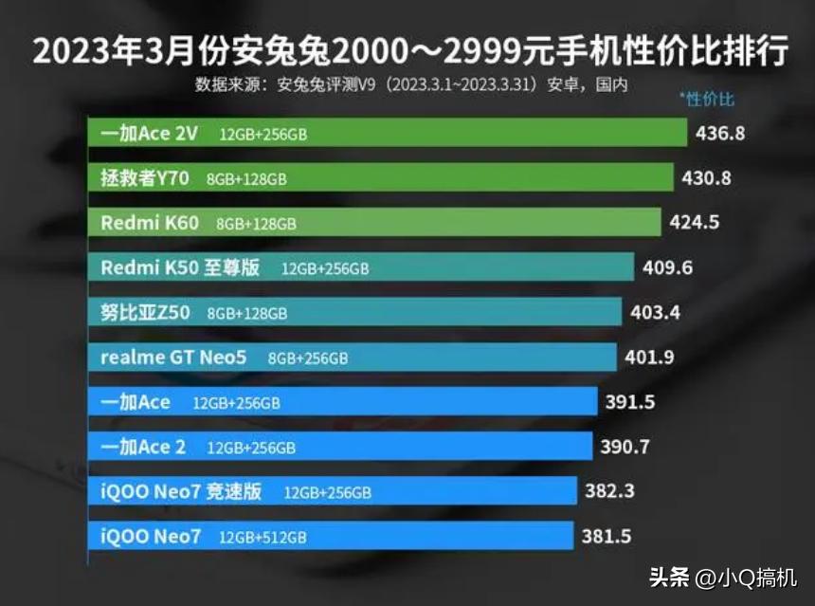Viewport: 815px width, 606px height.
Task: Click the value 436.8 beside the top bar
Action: [x=720, y=134]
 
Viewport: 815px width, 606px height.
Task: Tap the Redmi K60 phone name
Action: [x=150, y=223]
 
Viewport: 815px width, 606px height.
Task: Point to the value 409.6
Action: [x=667, y=268]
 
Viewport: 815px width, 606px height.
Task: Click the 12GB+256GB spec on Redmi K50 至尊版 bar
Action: [x=325, y=269]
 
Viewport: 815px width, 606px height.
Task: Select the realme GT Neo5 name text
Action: [x=174, y=358]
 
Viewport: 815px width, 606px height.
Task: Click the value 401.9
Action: [x=650, y=358]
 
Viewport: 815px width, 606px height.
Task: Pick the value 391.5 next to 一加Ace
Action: [x=630, y=402]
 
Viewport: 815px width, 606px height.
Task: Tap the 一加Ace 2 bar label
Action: [x=144, y=447]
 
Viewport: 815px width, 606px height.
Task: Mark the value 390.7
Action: [x=626, y=447]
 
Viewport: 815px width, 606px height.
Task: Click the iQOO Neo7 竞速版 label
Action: [x=180, y=491]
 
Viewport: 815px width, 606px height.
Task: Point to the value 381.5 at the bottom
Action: [x=607, y=536]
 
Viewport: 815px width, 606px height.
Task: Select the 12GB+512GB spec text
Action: [x=263, y=537]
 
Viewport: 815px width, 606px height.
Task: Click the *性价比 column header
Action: [x=707, y=100]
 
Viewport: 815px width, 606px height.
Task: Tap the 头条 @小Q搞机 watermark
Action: [x=723, y=577]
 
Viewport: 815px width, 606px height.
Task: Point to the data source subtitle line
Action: [x=411, y=84]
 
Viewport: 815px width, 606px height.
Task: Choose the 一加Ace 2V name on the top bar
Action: [x=149, y=134]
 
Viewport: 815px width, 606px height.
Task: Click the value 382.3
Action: [x=610, y=491]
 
